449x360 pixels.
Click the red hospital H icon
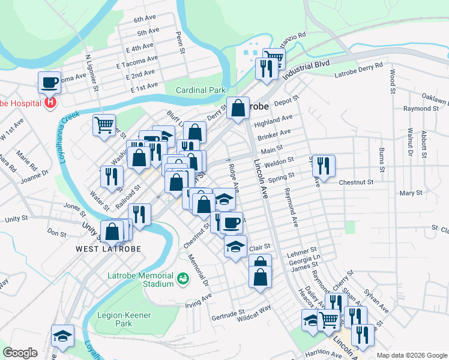click(50, 103)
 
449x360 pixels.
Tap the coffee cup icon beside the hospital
click(50, 82)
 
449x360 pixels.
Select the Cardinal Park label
click(200, 91)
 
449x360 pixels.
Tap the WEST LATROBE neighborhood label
click(108, 248)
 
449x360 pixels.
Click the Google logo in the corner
click(20, 353)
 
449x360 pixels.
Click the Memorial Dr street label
click(197, 270)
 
